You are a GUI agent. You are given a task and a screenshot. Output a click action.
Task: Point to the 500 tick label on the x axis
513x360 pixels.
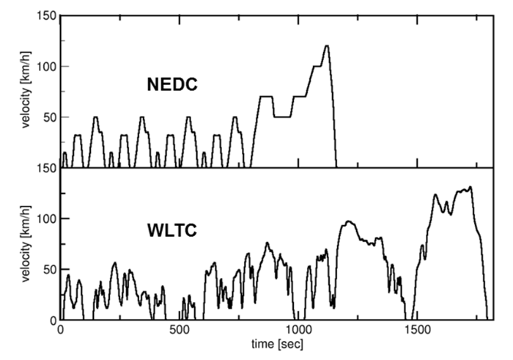coord(179,331)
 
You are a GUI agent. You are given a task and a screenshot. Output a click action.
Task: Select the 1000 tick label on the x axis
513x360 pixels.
coord(297,331)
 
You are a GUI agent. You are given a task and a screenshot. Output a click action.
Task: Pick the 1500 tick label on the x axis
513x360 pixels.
coord(416,331)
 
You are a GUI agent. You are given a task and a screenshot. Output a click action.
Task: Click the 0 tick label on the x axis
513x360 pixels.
coord(61,331)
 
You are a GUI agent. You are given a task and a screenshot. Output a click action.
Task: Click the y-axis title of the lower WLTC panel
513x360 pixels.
coord(26,246)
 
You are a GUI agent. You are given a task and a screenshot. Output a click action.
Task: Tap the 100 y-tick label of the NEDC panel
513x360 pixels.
coord(45,67)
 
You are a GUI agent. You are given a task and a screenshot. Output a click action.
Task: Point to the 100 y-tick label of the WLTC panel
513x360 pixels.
coord(45,219)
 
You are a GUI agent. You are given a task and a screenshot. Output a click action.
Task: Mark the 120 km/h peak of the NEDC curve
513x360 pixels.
coord(327,46)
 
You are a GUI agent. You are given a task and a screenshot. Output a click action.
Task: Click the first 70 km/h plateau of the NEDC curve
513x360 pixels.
coord(266,97)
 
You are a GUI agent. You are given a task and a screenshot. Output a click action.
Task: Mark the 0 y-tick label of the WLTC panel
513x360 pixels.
coord(51,320)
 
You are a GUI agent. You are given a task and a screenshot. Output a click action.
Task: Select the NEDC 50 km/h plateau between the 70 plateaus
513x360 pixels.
coord(283,117)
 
